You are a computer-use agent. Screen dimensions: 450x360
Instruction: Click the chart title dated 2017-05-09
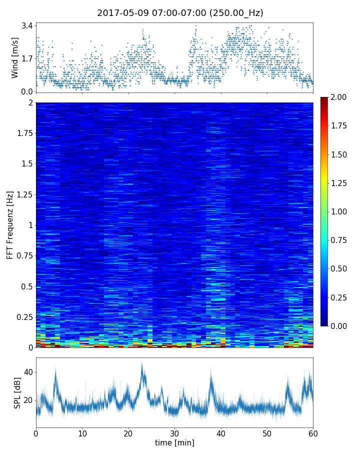(180, 13)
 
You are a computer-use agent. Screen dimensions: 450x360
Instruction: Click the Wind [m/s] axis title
(15, 57)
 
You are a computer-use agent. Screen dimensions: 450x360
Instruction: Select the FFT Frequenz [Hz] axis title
(10, 225)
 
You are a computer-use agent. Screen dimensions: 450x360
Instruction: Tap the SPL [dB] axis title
(17, 392)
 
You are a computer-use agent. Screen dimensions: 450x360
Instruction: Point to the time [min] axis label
(174, 442)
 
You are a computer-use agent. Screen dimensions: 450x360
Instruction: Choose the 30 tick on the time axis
(174, 432)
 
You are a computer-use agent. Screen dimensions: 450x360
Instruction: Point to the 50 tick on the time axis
(267, 432)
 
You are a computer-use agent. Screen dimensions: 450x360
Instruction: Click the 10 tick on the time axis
(82, 432)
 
